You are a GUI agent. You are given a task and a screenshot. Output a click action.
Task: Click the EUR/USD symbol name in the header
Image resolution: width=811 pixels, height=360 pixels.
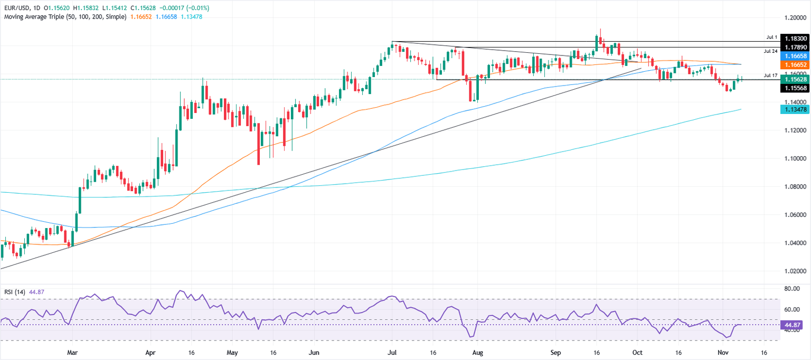tap(16, 8)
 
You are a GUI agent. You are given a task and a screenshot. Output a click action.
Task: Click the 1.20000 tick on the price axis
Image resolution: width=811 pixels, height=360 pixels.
tap(794, 17)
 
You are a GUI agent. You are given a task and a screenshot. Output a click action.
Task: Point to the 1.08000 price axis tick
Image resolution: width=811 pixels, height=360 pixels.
tap(794, 187)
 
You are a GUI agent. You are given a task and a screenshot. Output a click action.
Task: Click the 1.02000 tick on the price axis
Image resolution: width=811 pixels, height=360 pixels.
tap(794, 271)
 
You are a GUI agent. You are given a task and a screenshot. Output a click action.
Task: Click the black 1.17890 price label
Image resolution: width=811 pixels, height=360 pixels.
tap(794, 48)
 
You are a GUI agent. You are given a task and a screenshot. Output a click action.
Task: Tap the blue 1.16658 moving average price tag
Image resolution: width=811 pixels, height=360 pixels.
tap(794, 55)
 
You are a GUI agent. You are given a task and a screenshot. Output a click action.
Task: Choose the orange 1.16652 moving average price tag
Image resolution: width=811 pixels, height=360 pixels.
tap(794, 63)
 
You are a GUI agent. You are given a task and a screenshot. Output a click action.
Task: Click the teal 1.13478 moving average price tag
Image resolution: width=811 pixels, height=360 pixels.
tap(794, 109)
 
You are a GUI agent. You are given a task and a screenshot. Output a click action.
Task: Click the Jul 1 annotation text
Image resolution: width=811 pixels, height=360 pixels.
tap(771, 37)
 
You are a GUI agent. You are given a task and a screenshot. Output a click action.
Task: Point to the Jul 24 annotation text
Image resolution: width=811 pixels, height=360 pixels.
tap(770, 51)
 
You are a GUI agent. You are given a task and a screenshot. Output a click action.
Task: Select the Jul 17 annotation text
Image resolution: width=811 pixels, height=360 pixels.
tap(770, 75)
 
